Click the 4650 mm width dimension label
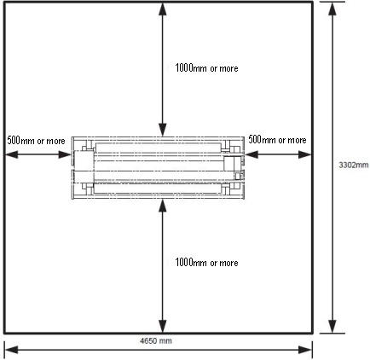click(x=156, y=340)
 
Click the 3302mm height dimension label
click(x=354, y=165)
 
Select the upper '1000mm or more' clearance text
click(x=206, y=68)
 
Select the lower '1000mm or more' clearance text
click(x=206, y=263)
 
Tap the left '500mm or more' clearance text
click(x=36, y=141)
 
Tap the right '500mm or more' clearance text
click(x=277, y=140)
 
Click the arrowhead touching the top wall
click(x=163, y=9)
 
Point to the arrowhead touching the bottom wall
click(x=163, y=326)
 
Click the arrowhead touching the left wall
click(x=12, y=154)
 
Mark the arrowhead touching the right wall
click(x=305, y=154)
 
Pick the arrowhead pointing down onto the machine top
click(x=163, y=131)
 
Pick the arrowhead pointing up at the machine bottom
click(x=163, y=206)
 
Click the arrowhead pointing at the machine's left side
click(x=65, y=154)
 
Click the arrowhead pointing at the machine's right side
click(x=251, y=154)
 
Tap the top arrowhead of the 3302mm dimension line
click(x=332, y=9)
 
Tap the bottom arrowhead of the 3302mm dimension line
click(x=332, y=327)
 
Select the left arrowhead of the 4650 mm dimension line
click(x=12, y=350)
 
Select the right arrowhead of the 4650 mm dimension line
click(x=305, y=350)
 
